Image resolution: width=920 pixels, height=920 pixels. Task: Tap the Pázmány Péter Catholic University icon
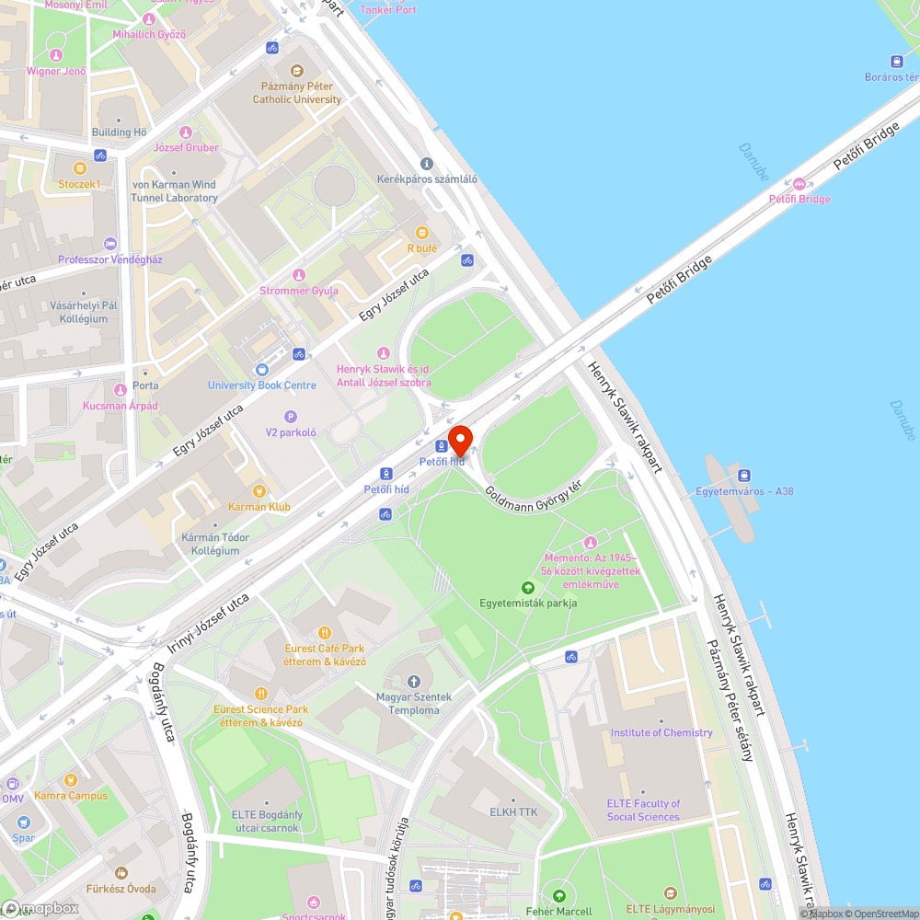pos(296,71)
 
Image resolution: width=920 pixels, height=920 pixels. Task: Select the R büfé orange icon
pos(422,232)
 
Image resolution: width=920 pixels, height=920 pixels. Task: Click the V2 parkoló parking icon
pos(291,417)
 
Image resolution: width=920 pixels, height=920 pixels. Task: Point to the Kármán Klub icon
pos(259,490)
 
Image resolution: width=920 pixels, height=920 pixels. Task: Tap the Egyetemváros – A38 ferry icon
pos(744,475)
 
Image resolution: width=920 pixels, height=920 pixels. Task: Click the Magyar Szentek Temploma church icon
pos(413,681)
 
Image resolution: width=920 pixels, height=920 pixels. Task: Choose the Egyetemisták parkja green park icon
pos(528,587)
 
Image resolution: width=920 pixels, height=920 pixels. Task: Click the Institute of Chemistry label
pos(661,732)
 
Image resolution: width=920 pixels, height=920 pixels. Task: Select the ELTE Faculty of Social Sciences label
pos(643,810)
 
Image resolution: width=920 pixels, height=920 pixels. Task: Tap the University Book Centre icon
pos(262,370)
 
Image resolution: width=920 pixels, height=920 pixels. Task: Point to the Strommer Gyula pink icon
pos(298,275)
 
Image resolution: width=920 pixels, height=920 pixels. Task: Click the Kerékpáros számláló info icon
pos(426,164)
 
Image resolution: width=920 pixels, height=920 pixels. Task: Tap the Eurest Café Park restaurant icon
pos(324,633)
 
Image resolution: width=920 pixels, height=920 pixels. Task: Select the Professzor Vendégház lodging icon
pos(110,244)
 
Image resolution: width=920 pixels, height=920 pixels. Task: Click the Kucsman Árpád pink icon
pos(120,390)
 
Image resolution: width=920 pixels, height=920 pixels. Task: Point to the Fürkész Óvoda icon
pos(121,873)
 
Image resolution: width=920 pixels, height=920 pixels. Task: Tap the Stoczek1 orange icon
pos(79,168)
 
